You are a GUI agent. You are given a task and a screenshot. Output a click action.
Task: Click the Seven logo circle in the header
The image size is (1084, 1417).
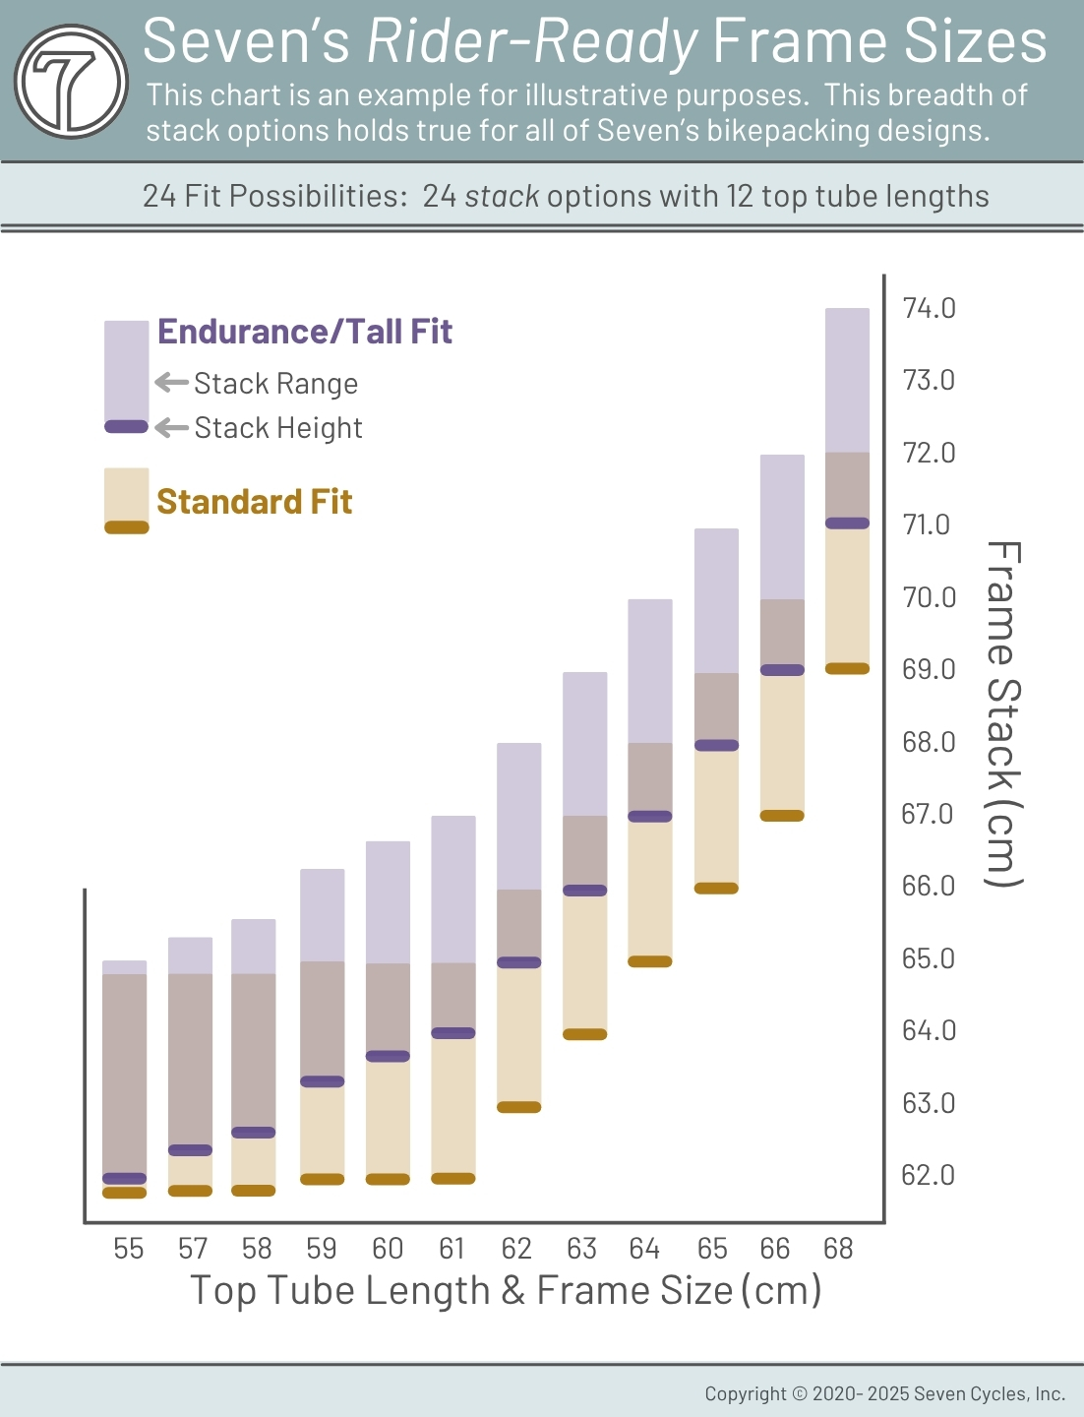coord(71,81)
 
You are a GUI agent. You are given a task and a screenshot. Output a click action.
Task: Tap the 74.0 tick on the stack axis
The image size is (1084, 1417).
coord(929,308)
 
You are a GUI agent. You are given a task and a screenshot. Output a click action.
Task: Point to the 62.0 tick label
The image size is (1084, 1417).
coord(928,1175)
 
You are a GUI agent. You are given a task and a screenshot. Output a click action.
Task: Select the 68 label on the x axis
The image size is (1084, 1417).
coord(838,1249)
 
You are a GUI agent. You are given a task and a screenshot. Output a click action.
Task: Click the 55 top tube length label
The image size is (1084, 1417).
coord(128,1249)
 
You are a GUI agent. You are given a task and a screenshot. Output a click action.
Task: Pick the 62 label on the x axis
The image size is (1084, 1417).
coord(516,1249)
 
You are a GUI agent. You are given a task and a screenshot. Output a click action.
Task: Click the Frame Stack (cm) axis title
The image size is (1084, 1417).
coord(1003,713)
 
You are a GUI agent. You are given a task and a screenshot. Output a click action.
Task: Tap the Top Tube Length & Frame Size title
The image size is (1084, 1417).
coord(506,1290)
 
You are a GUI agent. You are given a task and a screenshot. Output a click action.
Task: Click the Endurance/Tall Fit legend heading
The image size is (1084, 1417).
coord(305,332)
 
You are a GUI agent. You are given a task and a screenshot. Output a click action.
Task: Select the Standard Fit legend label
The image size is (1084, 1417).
coord(254,502)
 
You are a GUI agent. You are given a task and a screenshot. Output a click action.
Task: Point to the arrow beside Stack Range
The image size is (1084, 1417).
coord(171,382)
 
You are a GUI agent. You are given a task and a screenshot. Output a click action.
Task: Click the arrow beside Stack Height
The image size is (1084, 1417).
coord(171,427)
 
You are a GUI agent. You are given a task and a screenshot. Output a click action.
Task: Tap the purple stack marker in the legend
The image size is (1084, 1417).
coord(126,426)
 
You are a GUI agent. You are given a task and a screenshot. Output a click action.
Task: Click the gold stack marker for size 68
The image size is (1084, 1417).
coord(847,669)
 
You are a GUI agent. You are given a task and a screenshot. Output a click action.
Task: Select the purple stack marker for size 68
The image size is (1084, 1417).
coord(847,524)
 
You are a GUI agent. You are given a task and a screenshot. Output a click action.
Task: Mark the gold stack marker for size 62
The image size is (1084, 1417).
coord(518,1107)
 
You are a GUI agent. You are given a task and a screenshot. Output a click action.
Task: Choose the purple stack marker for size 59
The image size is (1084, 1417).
coord(322,1081)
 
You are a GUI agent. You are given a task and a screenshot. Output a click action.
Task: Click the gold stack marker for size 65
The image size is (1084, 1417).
coord(716,889)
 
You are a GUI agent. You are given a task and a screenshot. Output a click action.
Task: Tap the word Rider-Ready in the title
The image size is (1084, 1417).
coord(532,41)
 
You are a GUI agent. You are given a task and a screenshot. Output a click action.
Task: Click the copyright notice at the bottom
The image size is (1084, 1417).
coord(884,1393)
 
